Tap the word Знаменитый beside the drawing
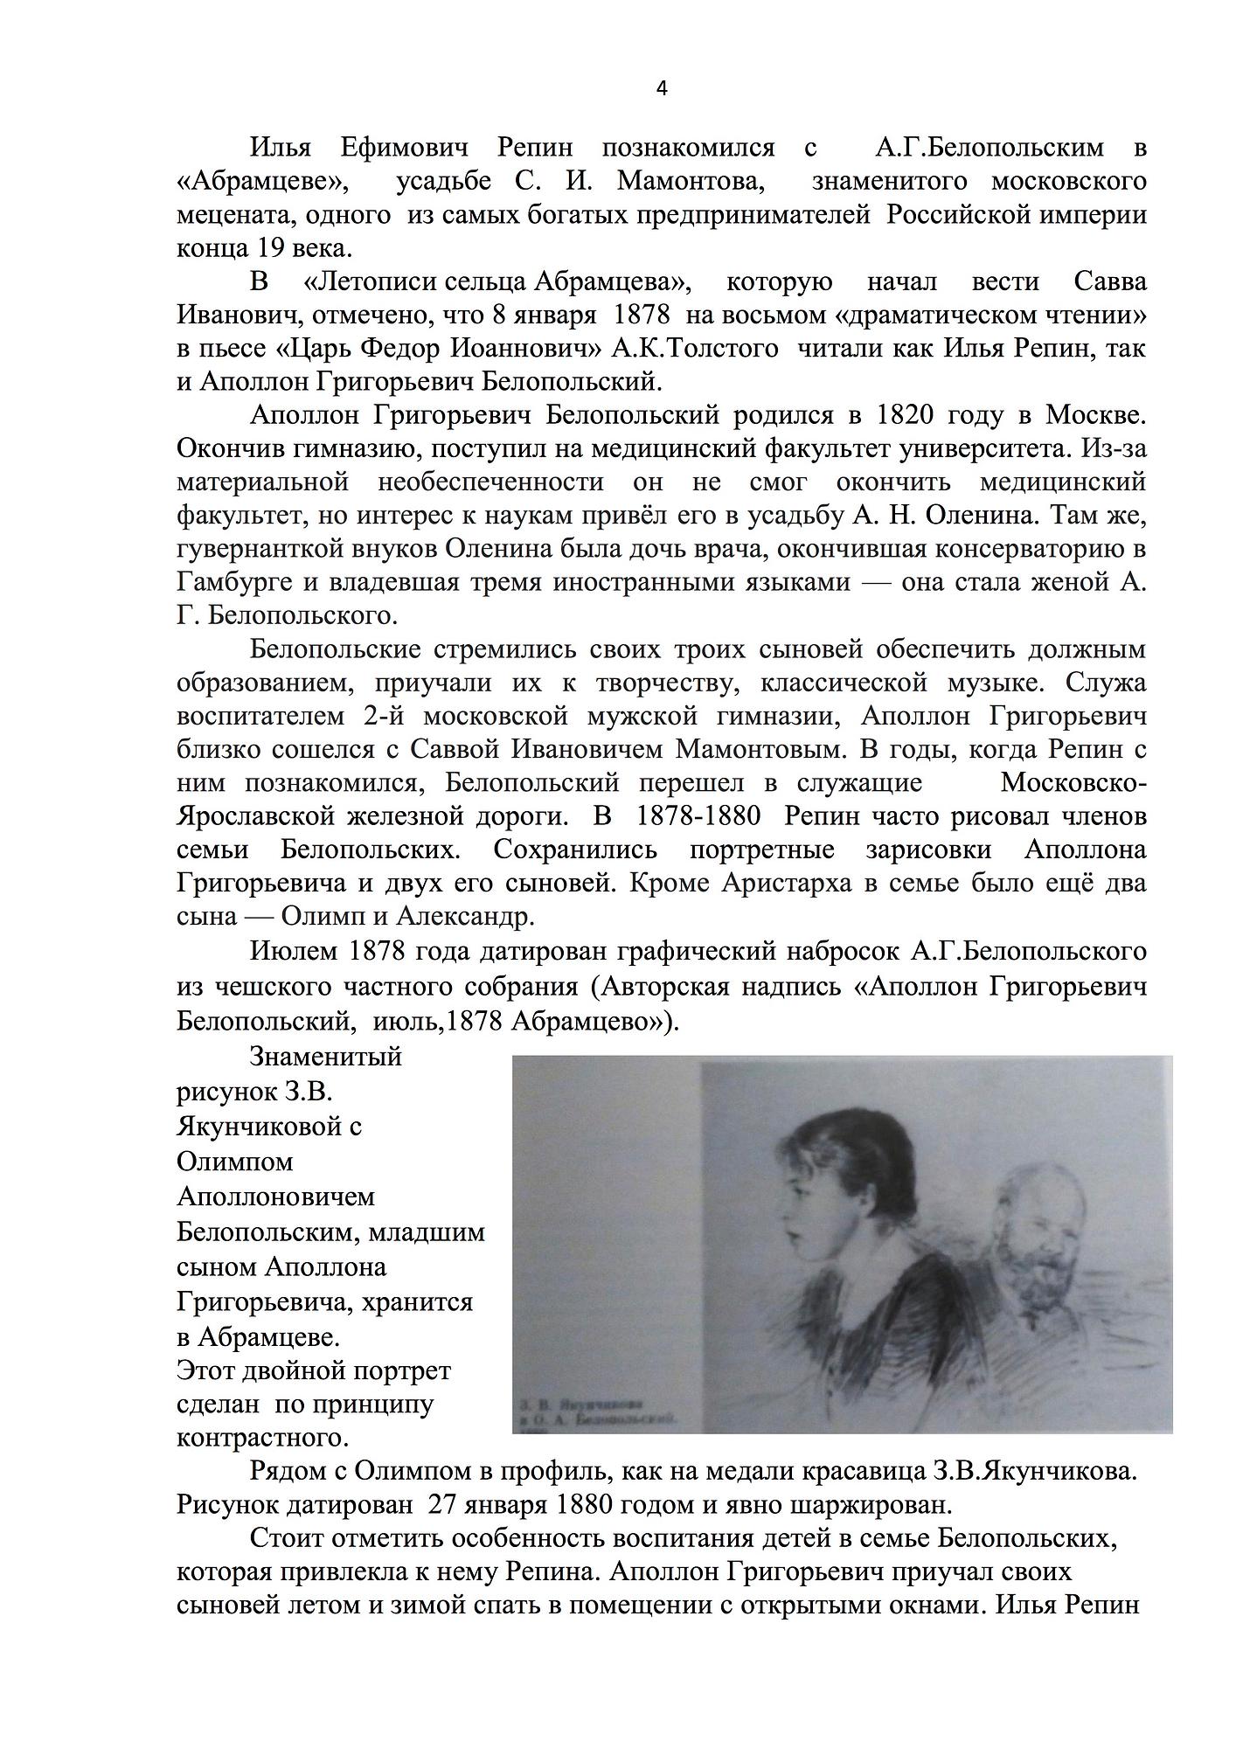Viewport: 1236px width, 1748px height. point(325,1057)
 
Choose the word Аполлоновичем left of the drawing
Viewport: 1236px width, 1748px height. point(275,1197)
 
